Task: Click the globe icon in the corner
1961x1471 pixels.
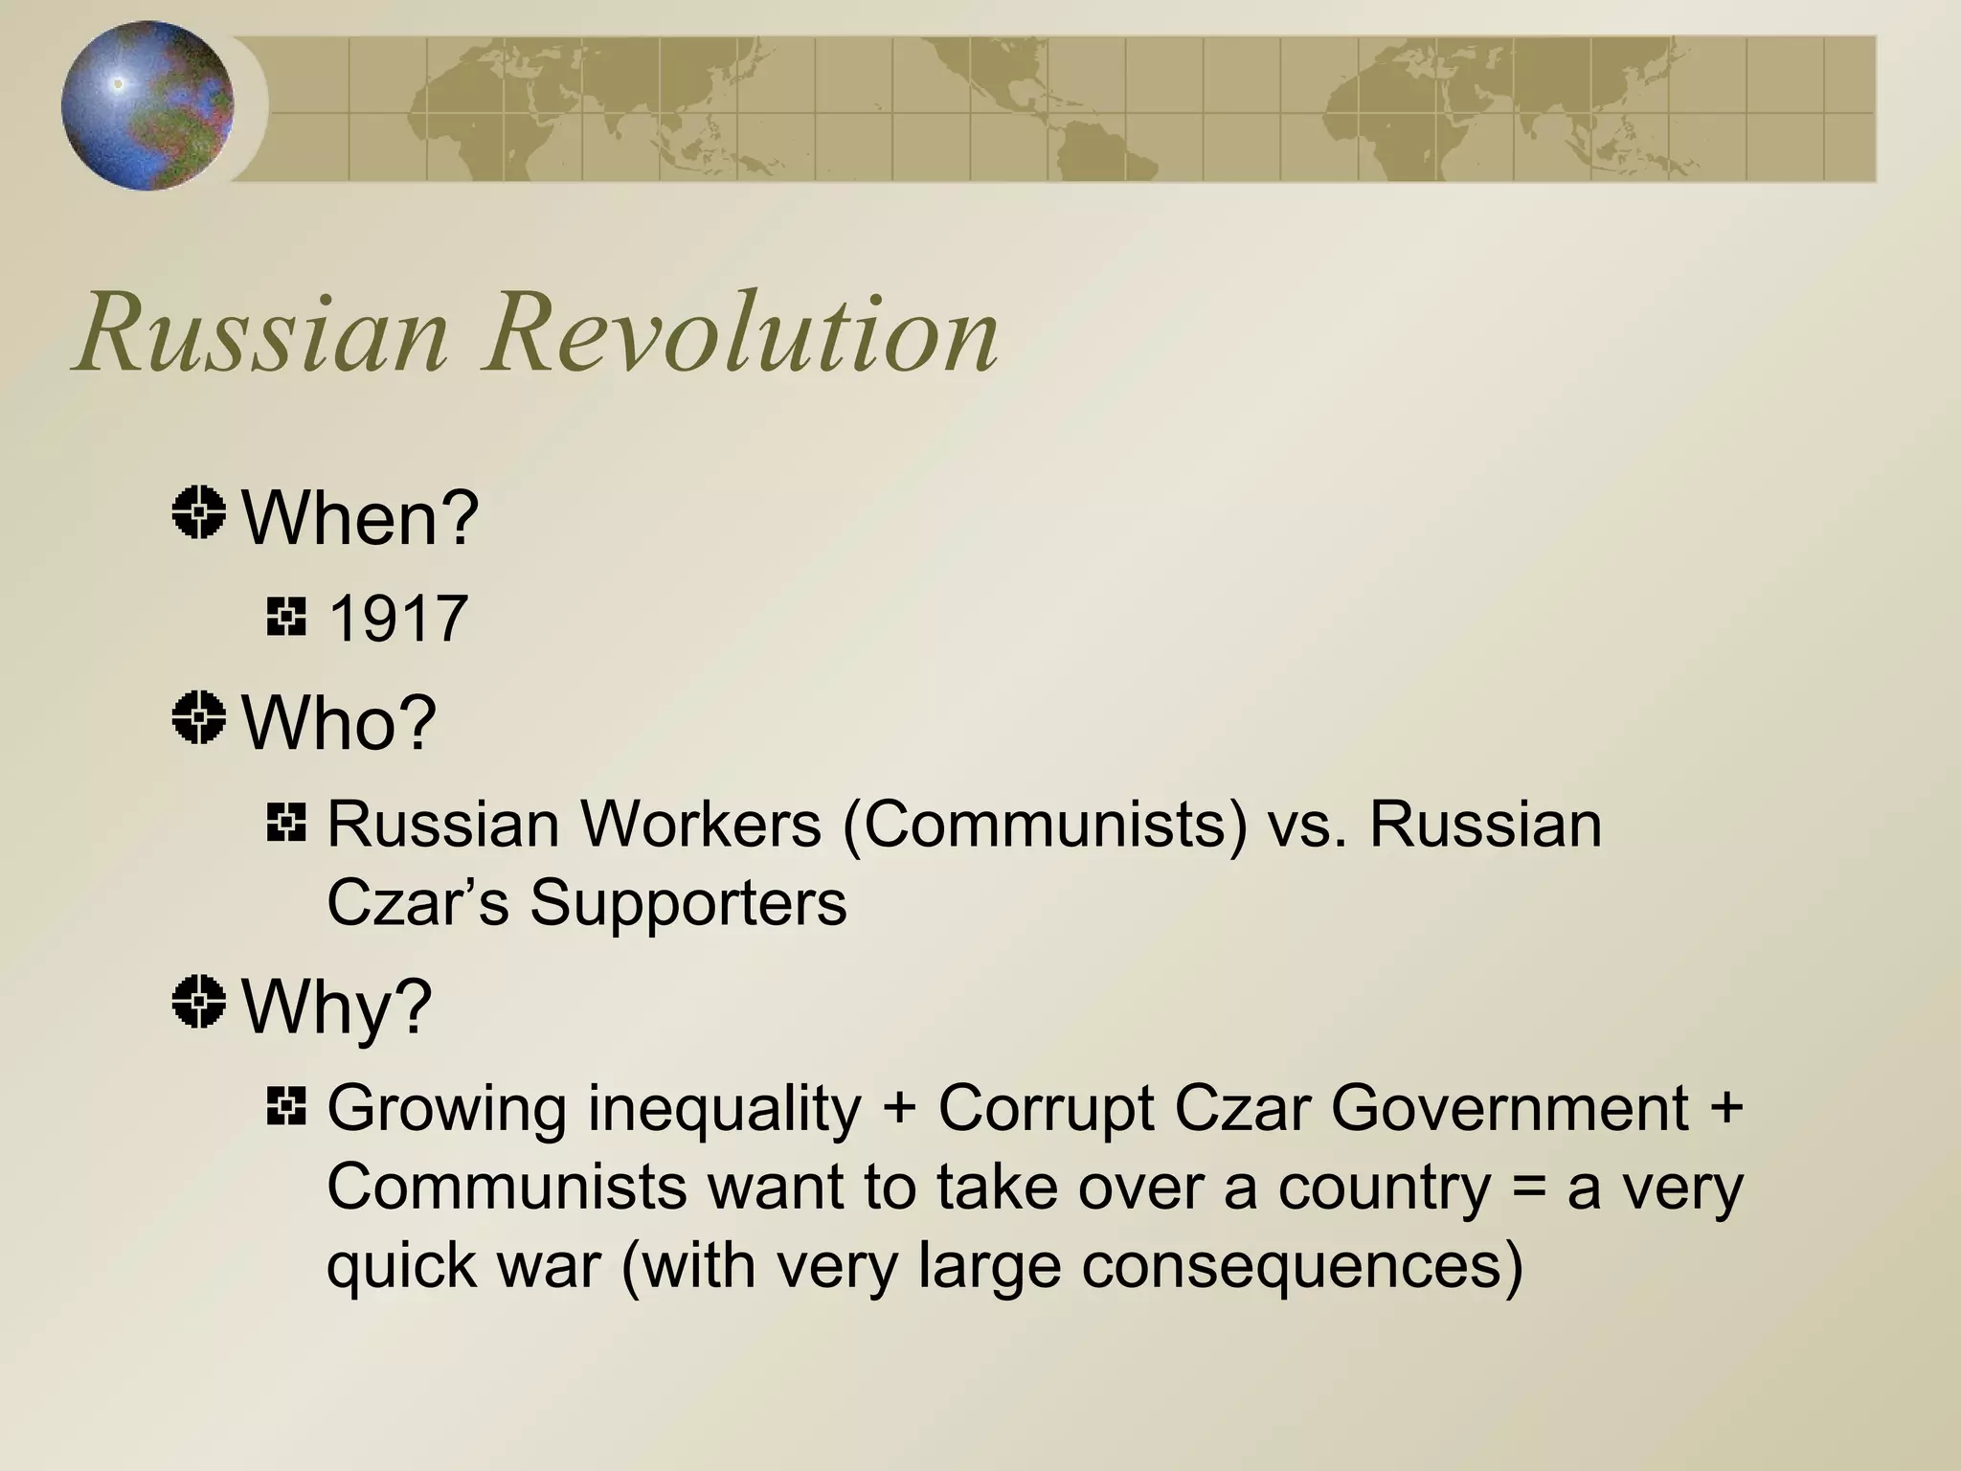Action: point(147,105)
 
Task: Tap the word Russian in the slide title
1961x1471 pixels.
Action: point(261,333)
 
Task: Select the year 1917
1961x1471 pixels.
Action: point(397,619)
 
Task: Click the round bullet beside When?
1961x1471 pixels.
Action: point(199,512)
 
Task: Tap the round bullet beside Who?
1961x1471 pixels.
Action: point(199,717)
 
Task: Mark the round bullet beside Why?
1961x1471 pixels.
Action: point(199,1002)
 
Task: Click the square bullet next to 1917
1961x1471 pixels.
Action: point(286,617)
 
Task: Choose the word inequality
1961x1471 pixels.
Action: point(725,1109)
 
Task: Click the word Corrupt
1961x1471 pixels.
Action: point(1047,1109)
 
